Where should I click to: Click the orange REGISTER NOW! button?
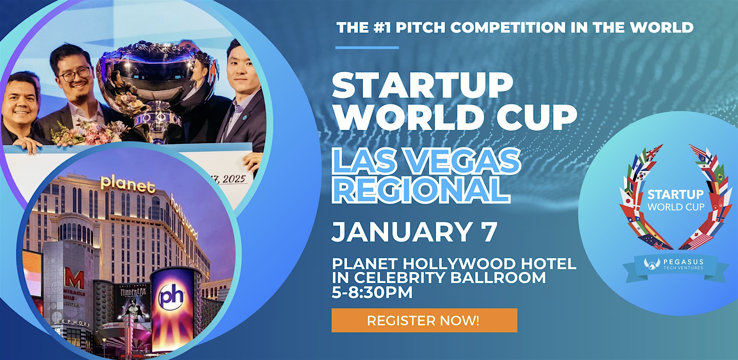424,320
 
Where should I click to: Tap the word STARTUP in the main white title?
422,85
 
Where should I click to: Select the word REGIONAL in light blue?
421,190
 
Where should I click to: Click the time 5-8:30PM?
372,292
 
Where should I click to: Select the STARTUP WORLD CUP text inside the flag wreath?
675,200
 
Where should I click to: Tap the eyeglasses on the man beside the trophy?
75,74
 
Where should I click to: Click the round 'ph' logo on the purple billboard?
171,296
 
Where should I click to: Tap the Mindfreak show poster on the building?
134,304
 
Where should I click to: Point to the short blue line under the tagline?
367,48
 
